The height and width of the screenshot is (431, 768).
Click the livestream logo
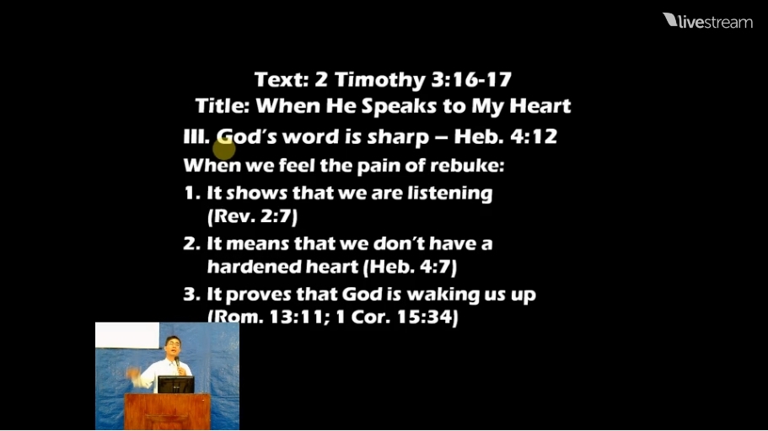pos(707,21)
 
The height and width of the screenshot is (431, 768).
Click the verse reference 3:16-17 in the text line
pos(471,80)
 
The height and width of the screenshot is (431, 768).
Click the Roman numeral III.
pos(196,136)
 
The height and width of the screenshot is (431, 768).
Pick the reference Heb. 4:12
pos(506,136)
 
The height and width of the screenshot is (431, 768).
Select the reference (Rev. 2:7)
pos(252,216)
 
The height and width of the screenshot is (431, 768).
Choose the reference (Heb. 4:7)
pos(411,267)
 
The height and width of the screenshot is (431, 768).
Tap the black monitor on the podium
pos(176,385)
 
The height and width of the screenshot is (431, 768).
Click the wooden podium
pos(167,412)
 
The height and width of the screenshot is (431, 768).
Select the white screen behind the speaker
pos(127,336)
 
